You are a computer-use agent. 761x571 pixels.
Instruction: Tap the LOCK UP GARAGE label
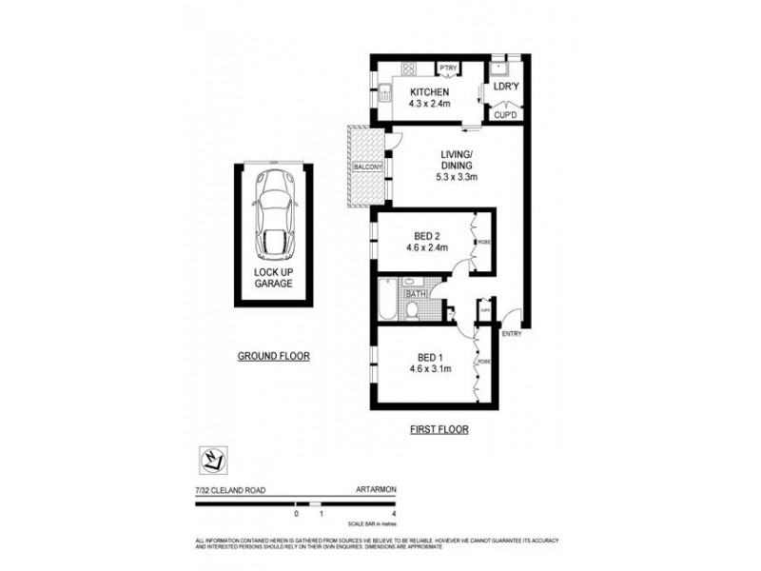tap(273, 277)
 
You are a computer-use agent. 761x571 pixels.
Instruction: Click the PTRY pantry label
tap(447, 68)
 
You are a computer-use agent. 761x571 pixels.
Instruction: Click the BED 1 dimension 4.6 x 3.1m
tap(426, 368)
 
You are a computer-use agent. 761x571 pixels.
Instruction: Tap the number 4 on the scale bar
tap(393, 513)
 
